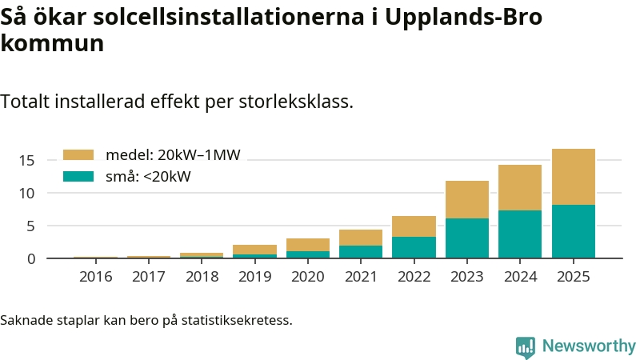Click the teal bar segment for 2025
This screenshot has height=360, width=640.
573,231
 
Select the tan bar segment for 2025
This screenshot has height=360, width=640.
573,177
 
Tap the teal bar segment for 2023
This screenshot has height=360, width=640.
466,238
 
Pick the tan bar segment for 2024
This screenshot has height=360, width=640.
520,187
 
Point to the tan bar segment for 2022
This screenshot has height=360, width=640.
414,226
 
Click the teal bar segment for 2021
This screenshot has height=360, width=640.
361,251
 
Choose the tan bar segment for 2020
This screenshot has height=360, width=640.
308,245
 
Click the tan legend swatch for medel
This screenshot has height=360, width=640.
78,154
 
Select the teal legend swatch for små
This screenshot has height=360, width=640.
78,176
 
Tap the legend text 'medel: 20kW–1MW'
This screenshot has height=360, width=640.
173,154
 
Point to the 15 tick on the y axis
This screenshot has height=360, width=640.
27,160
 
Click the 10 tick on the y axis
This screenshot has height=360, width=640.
27,193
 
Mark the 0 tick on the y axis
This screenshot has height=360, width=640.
31,258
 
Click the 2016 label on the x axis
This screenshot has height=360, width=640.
96,277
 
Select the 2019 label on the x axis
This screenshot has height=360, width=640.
255,277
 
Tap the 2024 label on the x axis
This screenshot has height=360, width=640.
520,277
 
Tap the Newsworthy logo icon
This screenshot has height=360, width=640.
526,346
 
